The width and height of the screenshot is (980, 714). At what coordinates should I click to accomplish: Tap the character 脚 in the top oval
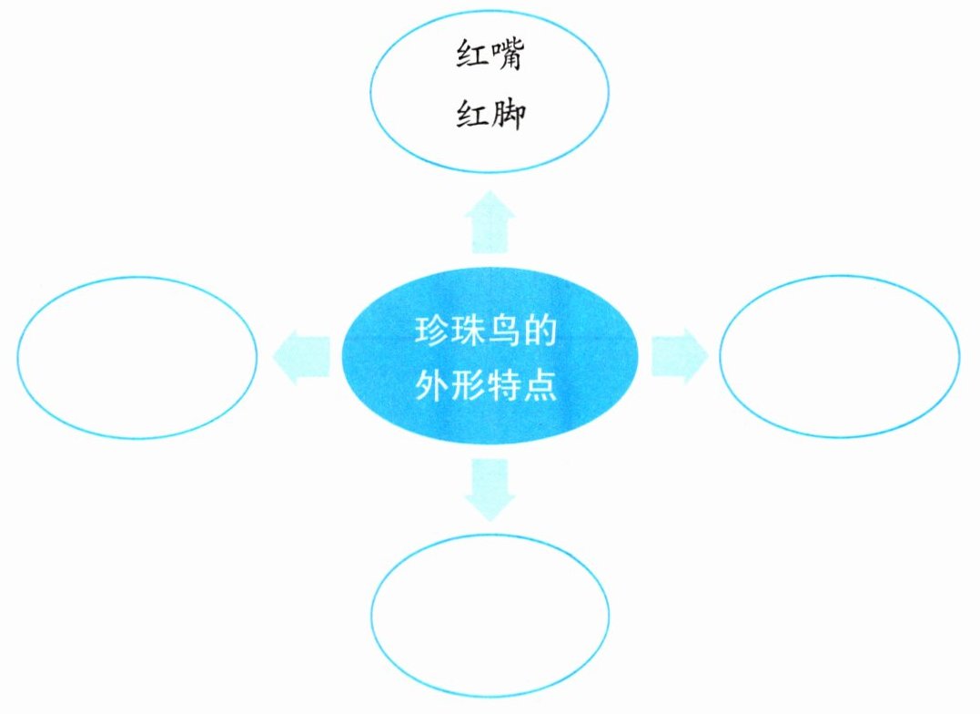click(508, 117)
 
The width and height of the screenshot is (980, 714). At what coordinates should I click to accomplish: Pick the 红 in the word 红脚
click(470, 117)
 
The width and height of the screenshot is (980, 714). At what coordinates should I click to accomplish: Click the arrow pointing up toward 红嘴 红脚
click(490, 220)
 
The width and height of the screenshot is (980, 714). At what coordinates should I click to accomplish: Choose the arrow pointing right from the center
click(679, 354)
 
